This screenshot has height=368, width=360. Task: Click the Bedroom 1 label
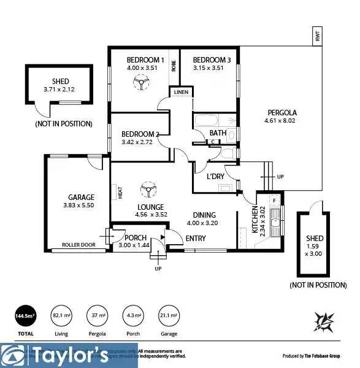tap(145, 59)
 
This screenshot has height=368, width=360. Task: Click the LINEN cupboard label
tap(181, 93)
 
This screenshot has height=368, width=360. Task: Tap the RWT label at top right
tap(317, 37)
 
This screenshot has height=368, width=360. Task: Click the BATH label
tap(217, 132)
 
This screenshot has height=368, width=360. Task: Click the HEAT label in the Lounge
tap(120, 193)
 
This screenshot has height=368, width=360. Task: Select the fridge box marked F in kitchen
tap(275, 200)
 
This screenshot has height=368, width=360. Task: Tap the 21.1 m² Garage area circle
tap(169, 315)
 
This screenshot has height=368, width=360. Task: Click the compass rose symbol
tap(323, 321)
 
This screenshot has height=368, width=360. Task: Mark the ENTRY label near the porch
tap(196, 238)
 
